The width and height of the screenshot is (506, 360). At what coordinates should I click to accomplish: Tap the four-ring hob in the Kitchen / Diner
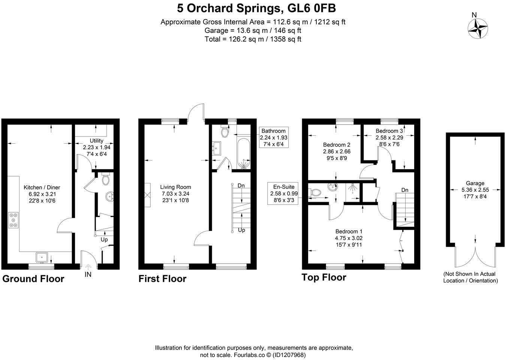click(13, 220)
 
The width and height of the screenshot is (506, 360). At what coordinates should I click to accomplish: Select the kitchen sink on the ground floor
click(41, 257)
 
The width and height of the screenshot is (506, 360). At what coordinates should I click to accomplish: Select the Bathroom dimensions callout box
click(274, 137)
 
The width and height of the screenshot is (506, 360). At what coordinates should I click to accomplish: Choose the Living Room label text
click(175, 187)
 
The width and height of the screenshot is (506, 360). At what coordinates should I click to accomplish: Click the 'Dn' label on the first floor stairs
click(241, 186)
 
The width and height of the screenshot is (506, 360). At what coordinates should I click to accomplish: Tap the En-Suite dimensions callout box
click(284, 193)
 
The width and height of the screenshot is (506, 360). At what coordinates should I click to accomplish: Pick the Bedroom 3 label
click(389, 131)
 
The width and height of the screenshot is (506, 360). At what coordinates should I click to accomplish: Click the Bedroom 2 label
click(336, 145)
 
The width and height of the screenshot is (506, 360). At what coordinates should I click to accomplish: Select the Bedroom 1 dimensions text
click(349, 241)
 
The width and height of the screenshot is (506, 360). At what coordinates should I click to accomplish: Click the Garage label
click(475, 183)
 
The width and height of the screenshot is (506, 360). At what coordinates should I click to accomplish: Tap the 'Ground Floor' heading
click(33, 279)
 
